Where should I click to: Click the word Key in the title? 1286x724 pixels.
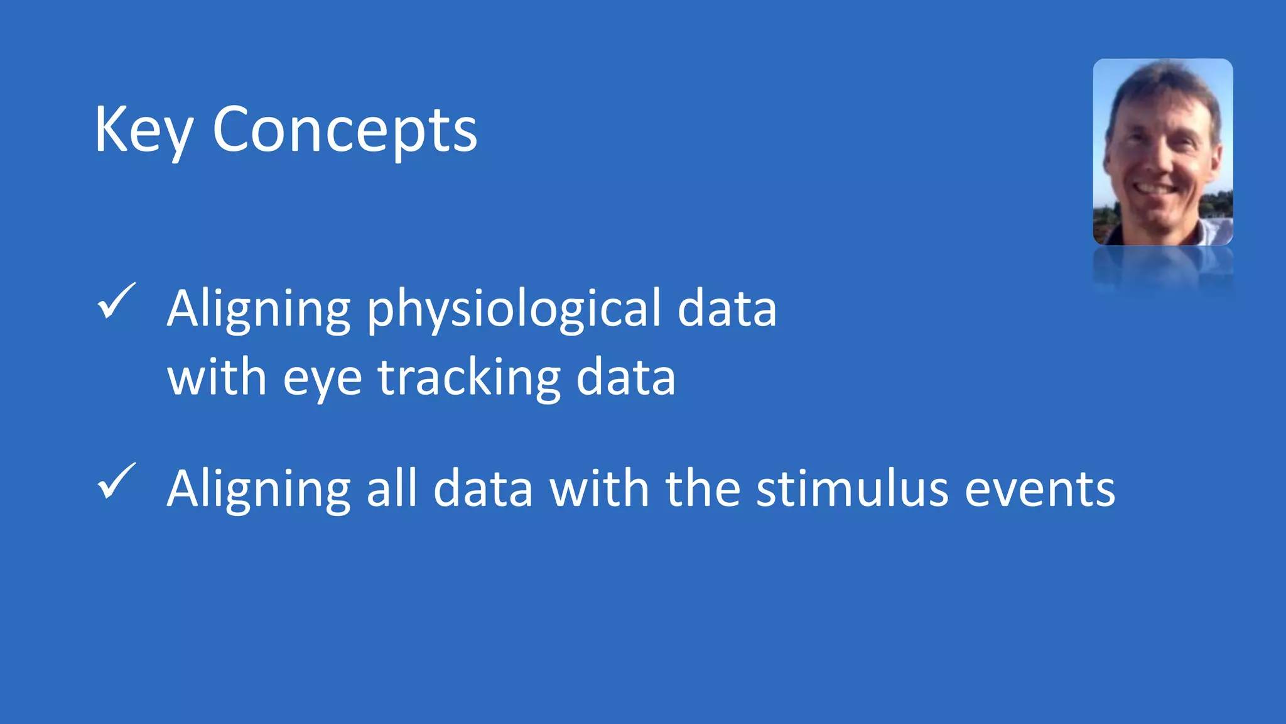point(143,131)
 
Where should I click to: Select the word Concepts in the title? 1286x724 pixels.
point(345,131)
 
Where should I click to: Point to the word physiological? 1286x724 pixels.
point(514,309)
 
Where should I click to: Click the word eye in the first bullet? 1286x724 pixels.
point(322,378)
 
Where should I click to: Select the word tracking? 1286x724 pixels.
point(468,378)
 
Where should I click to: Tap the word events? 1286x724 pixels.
point(1040,489)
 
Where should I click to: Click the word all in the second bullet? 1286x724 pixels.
point(392,489)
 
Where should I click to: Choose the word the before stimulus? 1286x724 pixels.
point(703,489)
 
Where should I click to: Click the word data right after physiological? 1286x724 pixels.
point(727,309)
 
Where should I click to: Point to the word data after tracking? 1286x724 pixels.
point(625,378)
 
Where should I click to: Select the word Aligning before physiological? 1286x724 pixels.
point(258,309)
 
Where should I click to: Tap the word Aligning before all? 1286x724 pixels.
point(258,489)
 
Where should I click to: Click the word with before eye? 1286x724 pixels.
point(217,378)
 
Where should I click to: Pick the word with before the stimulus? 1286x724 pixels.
point(599,489)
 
